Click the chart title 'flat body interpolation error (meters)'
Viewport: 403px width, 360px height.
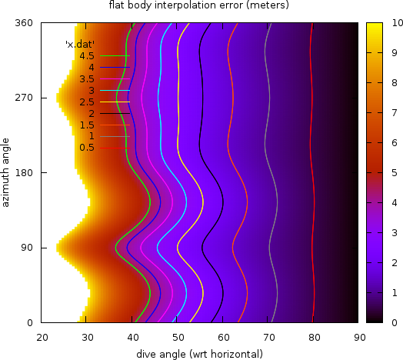coord(198,5)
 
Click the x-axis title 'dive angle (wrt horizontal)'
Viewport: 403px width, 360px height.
coord(199,353)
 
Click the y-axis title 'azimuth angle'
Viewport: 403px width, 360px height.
coord(6,172)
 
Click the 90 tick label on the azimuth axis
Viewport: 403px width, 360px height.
coord(26,248)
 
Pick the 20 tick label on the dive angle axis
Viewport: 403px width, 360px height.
coord(43,336)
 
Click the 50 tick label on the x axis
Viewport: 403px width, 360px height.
coord(178,336)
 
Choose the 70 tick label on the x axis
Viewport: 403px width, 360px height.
coord(268,336)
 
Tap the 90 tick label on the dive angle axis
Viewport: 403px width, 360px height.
coord(358,336)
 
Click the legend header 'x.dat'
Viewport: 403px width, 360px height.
coord(79,45)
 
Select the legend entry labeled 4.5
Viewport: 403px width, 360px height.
coord(86,56)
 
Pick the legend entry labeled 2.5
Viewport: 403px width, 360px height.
coord(86,102)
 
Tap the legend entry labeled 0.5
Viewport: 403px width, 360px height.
coord(86,148)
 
